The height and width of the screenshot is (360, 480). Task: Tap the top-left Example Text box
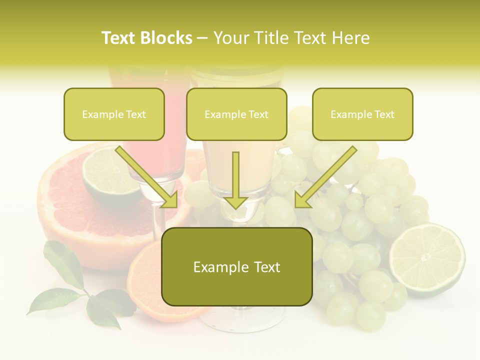click(114, 114)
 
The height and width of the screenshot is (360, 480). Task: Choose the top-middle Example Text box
click(236, 114)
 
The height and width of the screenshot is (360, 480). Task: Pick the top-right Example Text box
click(362, 114)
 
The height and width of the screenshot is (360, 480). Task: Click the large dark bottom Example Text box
click(236, 267)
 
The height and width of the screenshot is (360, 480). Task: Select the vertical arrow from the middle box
click(235, 180)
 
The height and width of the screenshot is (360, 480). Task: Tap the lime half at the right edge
click(427, 258)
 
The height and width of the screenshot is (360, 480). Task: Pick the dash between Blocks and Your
click(202, 38)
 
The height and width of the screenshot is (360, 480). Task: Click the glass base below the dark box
click(240, 317)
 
